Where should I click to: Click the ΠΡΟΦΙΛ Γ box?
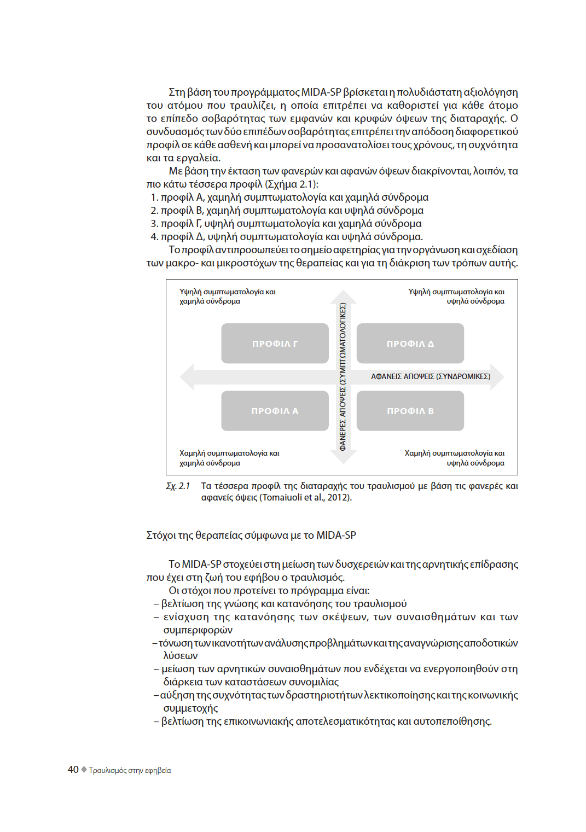[x=275, y=344]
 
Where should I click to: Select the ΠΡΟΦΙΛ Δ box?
[x=410, y=344]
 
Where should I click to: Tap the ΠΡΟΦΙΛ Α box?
[x=275, y=411]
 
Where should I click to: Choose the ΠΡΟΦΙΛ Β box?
[x=410, y=411]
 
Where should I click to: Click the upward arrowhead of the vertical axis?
[x=343, y=296]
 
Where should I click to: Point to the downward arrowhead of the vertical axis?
[x=343, y=457]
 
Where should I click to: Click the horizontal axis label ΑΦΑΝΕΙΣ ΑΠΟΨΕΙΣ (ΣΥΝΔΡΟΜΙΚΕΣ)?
[x=431, y=376]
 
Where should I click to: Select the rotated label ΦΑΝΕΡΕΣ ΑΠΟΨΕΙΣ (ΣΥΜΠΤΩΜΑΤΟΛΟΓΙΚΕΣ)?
[x=343, y=376]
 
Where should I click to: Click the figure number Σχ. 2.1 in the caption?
[x=178, y=486]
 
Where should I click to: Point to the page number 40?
[x=73, y=770]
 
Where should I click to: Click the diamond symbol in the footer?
[x=84, y=770]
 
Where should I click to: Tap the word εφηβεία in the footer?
[x=158, y=770]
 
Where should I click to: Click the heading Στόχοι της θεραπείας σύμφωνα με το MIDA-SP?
[x=251, y=535]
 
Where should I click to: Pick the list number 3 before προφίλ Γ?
[x=154, y=224]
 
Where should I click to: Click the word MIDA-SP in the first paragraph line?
[x=321, y=92]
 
